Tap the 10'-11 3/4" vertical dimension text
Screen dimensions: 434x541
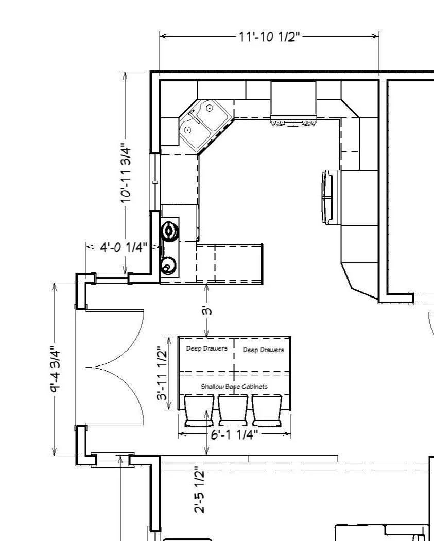[x=126, y=173]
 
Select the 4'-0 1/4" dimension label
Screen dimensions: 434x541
[x=124, y=247]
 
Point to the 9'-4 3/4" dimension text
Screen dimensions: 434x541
[x=55, y=369]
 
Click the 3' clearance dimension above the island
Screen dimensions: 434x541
[x=206, y=311]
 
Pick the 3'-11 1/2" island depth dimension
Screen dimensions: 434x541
[x=162, y=373]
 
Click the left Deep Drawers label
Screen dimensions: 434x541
[x=206, y=348]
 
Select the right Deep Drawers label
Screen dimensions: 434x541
[x=263, y=350]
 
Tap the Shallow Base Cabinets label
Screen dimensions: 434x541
[x=234, y=387]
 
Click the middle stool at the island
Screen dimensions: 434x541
[x=233, y=411]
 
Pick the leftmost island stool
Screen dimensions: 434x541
[x=199, y=411]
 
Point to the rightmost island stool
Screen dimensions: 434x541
[x=267, y=411]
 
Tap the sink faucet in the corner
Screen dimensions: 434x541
[x=194, y=115]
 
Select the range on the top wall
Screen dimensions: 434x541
[x=293, y=103]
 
